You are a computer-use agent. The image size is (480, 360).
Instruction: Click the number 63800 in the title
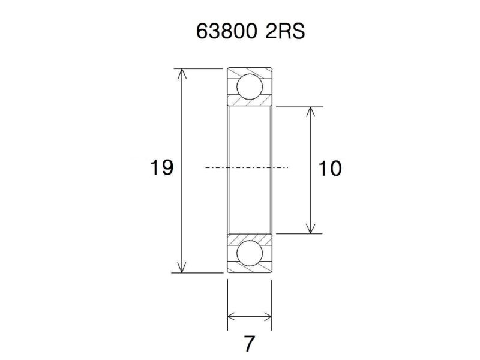(x=227, y=32)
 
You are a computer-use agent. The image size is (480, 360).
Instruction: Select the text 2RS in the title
(x=285, y=32)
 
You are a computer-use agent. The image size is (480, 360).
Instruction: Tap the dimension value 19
(x=161, y=168)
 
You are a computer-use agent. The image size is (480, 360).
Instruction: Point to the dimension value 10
(x=330, y=169)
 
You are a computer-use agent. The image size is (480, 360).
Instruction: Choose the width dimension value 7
(x=249, y=344)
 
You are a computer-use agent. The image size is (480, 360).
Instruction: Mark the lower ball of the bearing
(x=249, y=253)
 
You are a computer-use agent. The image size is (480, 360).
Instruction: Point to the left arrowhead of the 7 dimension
(x=232, y=317)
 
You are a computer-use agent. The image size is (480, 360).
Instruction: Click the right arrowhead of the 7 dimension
(x=268, y=317)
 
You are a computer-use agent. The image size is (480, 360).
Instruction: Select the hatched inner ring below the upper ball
(x=249, y=103)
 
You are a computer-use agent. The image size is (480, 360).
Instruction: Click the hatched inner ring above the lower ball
(x=249, y=237)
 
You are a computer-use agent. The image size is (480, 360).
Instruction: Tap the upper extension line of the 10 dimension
(x=300, y=107)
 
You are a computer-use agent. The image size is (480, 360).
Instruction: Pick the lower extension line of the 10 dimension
(x=300, y=233)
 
